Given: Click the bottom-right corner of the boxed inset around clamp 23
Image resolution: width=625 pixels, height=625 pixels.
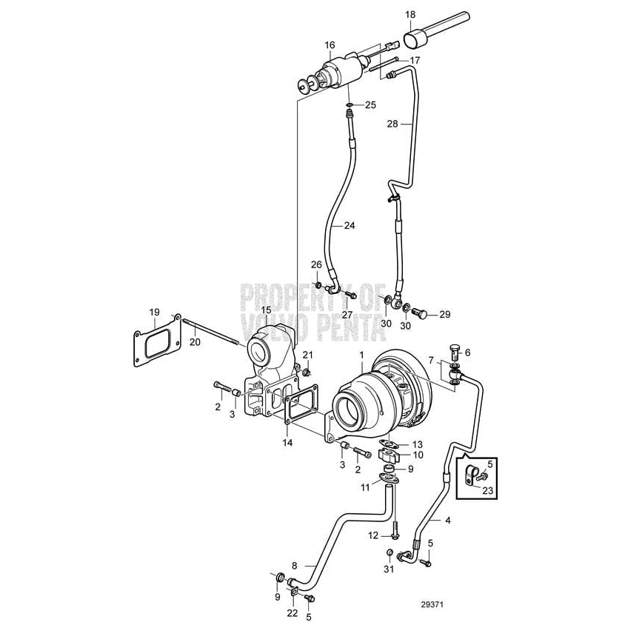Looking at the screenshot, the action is [497, 498].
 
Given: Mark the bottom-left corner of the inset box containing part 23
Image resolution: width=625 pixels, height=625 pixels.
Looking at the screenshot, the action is [456, 498].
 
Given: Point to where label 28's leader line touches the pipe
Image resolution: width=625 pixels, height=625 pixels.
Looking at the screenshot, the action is [411, 124].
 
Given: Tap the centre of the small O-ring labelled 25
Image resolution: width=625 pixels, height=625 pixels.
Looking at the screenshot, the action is [350, 105].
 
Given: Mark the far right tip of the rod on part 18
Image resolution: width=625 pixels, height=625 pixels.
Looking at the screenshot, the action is [469, 16].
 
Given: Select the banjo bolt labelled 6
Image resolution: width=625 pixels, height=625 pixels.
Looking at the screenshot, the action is [456, 352].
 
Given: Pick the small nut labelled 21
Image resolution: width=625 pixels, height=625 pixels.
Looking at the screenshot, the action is [307, 372].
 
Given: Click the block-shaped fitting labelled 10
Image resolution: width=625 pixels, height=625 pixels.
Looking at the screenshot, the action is [389, 455].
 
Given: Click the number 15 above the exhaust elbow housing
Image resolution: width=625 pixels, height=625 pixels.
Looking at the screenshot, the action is [266, 310].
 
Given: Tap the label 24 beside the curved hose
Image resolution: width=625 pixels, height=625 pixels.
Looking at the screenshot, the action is [350, 226].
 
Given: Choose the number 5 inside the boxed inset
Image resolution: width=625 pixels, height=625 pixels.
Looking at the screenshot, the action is [490, 464].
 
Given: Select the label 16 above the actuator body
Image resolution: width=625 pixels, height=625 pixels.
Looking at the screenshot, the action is [330, 44].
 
